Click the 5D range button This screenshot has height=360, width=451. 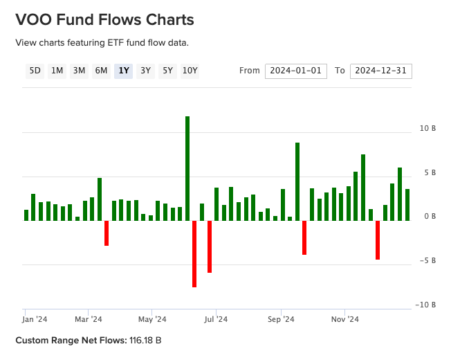35,70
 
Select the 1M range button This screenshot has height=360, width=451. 57,70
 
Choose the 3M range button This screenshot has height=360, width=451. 79,70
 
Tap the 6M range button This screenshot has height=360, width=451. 101,70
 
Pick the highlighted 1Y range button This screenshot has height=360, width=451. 123,70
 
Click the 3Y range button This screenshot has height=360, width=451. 145,70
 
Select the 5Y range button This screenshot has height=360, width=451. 167,70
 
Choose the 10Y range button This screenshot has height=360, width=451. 190,70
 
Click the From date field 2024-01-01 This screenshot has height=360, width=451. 296,71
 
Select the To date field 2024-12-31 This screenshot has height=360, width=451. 381,71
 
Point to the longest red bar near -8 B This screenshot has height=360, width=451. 194,253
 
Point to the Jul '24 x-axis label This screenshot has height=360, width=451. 217,319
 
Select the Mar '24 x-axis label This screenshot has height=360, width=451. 89,319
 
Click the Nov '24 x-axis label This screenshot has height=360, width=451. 344,319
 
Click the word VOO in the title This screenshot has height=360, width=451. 33,19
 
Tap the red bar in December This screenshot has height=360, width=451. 378,240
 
